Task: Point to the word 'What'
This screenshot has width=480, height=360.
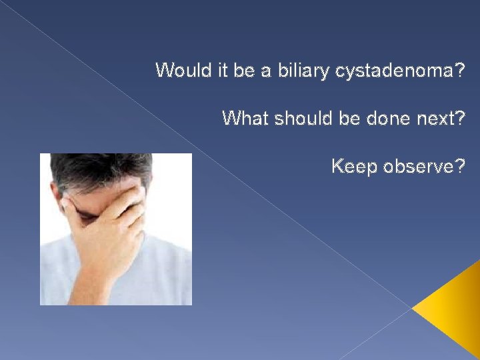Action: pyautogui.click(x=243, y=118)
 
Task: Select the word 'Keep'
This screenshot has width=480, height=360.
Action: pyautogui.click(x=353, y=166)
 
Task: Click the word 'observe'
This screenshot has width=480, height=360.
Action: pyautogui.click(x=416, y=166)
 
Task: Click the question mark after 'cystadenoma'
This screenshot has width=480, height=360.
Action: pyautogui.click(x=460, y=70)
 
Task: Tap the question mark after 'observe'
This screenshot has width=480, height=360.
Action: pyautogui.click(x=459, y=166)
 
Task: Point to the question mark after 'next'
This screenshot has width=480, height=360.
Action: pyautogui.click(x=459, y=118)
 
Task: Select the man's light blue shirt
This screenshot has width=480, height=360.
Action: pyautogui.click(x=160, y=273)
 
